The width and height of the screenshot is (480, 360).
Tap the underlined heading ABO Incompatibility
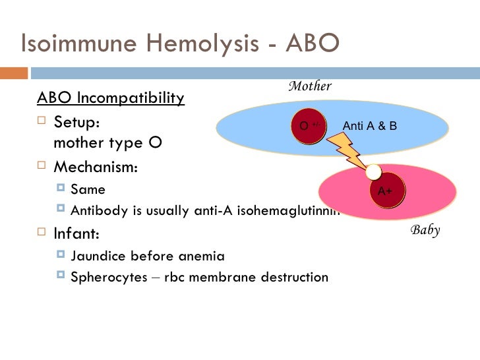pyautogui.click(x=111, y=98)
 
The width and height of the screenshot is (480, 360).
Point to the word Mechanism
pyautogui.click(x=96, y=167)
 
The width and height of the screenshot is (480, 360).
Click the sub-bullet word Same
pyautogui.click(x=88, y=190)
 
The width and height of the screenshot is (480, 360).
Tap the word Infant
pyautogui.click(x=76, y=233)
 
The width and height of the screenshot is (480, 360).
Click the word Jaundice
pyautogui.click(x=100, y=256)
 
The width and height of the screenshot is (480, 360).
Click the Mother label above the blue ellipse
pyautogui.click(x=310, y=86)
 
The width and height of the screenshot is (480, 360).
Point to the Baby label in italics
pyautogui.click(x=425, y=230)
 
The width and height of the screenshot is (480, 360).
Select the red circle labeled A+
pyautogui.click(x=385, y=191)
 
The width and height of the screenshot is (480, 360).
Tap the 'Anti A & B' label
pyautogui.click(x=370, y=125)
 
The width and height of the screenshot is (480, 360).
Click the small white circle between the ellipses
pyautogui.click(x=374, y=172)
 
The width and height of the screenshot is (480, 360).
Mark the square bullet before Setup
pyautogui.click(x=42, y=122)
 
